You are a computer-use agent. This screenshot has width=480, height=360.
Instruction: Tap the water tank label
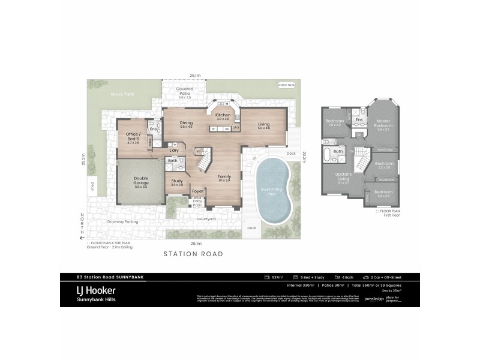click(286, 85)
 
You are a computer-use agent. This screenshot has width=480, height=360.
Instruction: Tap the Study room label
click(176, 182)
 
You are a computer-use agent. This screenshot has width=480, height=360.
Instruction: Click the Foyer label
click(197, 192)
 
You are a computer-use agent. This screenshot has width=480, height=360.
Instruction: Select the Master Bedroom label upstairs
click(383, 123)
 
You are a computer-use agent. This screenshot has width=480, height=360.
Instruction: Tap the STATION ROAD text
click(193, 254)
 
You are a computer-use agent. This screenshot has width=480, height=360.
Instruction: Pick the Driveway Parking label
click(123, 221)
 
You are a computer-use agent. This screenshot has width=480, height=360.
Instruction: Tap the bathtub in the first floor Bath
click(326, 155)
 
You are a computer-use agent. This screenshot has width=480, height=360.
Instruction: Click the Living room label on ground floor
click(264, 124)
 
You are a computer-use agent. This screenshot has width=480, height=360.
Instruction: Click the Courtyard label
click(206, 219)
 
